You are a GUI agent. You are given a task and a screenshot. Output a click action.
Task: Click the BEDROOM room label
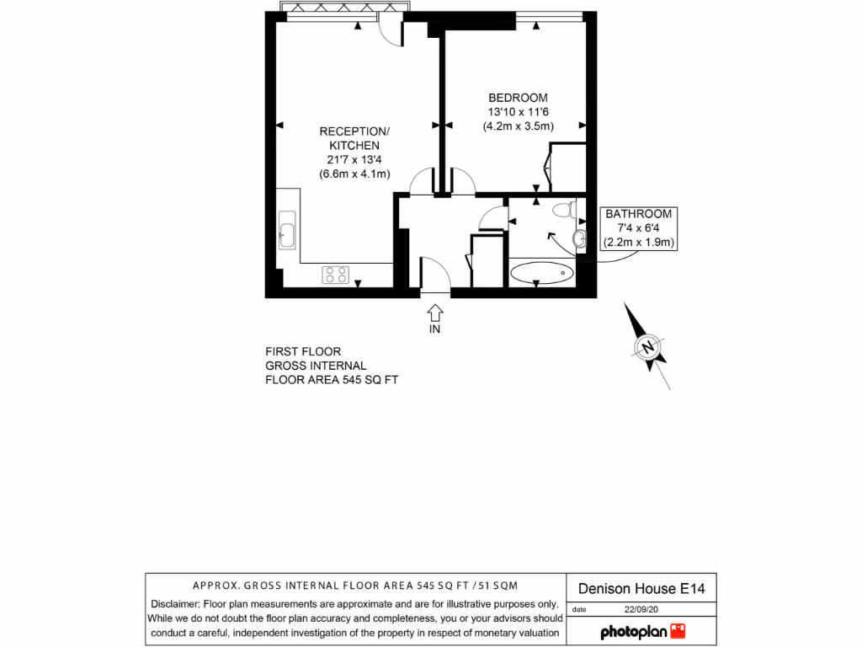tap(517, 97)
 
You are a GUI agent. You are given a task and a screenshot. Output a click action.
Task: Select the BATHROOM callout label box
tap(640, 228)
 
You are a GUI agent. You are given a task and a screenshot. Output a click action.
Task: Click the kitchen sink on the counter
tap(286, 230)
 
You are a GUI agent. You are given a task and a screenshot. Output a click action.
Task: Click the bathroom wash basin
tap(578, 240)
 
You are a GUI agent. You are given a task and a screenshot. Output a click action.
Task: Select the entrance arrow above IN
tap(434, 313)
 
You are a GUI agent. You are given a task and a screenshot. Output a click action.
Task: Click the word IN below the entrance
tap(434, 329)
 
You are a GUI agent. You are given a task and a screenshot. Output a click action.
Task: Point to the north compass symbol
tap(647, 347)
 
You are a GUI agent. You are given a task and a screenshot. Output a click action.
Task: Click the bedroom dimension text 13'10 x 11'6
tap(517, 112)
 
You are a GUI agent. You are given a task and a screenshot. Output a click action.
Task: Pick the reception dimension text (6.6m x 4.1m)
tap(354, 174)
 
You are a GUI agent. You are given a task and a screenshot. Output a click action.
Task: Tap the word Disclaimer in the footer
tap(176, 604)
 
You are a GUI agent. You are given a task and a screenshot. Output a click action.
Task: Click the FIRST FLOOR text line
tap(303, 351)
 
